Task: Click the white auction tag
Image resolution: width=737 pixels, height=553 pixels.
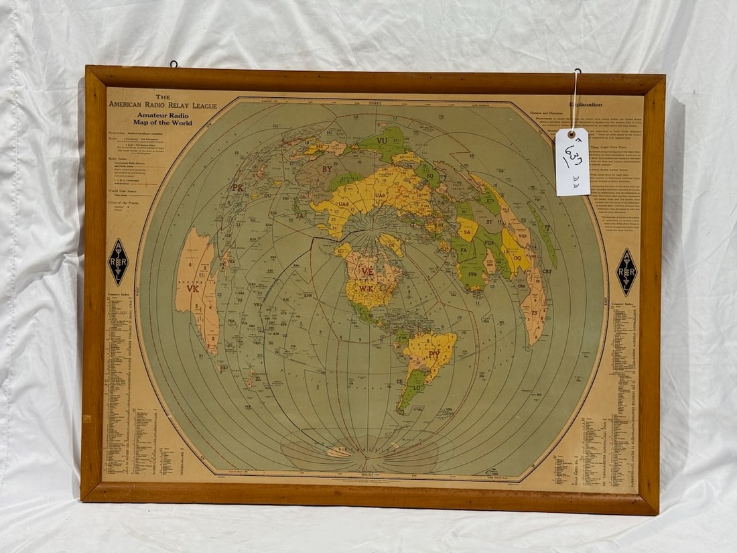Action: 572,162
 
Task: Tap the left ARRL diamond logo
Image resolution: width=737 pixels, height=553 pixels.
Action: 118,262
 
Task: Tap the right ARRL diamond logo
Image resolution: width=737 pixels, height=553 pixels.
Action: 626,272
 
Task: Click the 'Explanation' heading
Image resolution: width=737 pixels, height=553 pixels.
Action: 585,105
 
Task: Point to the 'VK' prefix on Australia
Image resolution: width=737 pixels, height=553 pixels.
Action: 193,289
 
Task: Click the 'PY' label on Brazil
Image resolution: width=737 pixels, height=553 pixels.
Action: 434,352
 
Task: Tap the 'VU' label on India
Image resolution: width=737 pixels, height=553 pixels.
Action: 383,141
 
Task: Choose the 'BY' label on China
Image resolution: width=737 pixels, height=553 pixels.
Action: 326,170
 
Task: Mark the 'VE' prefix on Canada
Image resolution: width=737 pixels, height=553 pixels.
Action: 367,271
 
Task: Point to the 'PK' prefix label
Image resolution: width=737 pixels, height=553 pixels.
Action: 237,188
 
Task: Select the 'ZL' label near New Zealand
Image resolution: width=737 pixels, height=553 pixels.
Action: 257,378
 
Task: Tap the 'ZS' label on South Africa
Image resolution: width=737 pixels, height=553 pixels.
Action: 534,313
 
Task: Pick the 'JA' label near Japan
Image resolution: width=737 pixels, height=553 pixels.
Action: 300,217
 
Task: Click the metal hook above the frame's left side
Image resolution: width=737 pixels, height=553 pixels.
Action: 174,64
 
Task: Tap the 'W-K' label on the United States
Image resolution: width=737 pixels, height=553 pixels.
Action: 366,289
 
